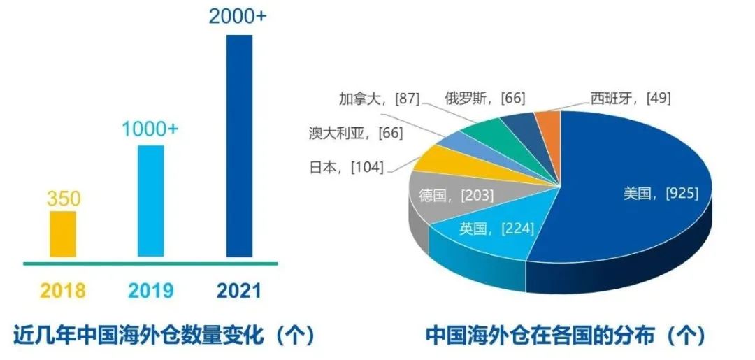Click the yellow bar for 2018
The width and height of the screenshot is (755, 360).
tap(63, 233)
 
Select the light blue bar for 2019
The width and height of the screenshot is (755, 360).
tap(150, 201)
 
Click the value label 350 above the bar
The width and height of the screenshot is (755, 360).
tap(64, 199)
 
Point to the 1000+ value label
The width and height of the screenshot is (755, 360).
tap(152, 130)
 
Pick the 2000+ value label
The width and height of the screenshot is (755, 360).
tap(238, 16)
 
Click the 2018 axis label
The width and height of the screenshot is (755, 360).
tap(63, 290)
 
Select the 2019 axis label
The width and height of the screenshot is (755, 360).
tap(150, 290)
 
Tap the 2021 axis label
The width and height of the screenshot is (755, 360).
tap(238, 290)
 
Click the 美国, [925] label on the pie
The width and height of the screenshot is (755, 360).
tap(661, 194)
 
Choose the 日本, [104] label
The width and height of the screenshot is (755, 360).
tap(347, 168)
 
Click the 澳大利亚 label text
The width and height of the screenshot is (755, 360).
tap(341, 132)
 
